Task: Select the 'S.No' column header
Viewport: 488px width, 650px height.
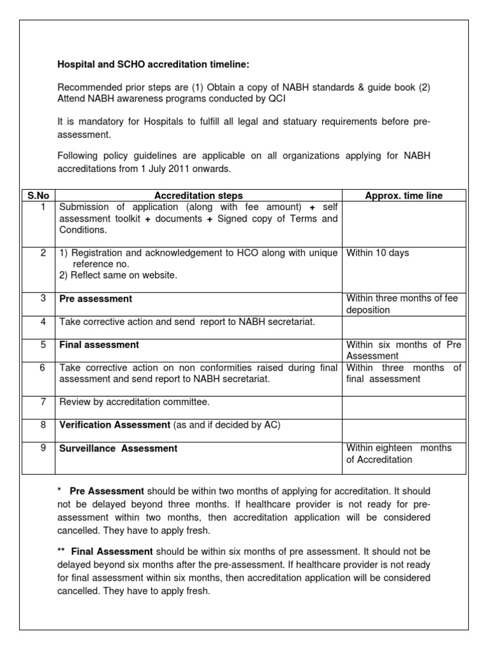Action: [38, 196]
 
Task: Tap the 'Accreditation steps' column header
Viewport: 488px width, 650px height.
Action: [198, 196]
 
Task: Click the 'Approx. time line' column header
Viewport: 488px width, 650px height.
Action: [403, 196]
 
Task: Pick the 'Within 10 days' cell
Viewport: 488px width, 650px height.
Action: [377, 253]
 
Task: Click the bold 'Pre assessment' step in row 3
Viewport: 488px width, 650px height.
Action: [95, 298]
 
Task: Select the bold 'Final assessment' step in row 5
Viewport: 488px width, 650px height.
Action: [98, 345]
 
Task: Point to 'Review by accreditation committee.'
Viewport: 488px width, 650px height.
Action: [134, 401]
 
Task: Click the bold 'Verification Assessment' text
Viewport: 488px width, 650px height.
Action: [114, 424]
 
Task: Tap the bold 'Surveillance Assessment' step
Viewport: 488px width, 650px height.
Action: [118, 448]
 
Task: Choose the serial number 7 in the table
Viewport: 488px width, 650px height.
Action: [43, 401]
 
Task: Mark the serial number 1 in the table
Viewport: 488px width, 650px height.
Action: [43, 206]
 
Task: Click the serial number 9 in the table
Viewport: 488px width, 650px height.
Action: [43, 448]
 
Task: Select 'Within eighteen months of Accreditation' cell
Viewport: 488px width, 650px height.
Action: [398, 453]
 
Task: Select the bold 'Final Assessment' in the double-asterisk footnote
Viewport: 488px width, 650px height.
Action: [112, 552]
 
